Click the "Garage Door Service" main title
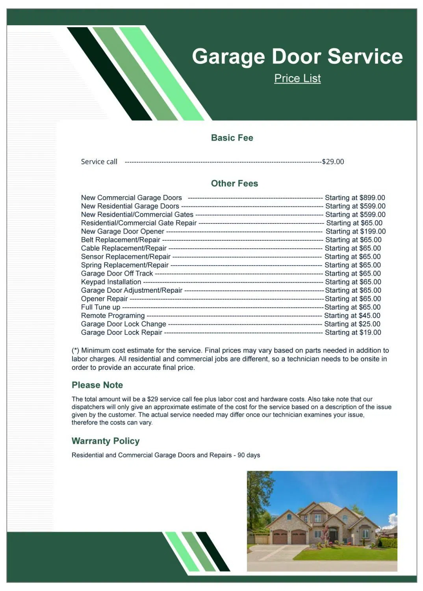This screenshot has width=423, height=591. click(297, 56)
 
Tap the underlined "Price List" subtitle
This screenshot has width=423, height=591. click(297, 78)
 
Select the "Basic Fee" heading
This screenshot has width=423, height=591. click(232, 138)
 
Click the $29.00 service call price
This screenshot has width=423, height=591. click(333, 162)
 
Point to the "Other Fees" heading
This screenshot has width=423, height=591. click(234, 184)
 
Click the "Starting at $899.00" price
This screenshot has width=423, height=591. click(355, 198)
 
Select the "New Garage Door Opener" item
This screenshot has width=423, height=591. click(122, 232)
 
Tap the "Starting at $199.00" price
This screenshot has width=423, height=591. click(355, 232)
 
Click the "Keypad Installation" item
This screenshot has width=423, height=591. click(111, 282)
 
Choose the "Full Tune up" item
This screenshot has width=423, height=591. click(100, 307)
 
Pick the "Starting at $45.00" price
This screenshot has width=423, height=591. click(352, 316)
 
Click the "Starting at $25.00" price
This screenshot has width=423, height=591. click(352, 324)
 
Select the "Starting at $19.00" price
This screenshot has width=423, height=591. click(353, 333)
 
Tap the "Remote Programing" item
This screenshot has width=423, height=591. click(113, 316)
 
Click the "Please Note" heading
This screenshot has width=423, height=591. click(97, 385)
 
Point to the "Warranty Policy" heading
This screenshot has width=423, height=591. click(106, 441)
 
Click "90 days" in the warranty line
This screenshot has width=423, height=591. click(249, 455)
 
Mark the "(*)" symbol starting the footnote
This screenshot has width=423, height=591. click(75, 351)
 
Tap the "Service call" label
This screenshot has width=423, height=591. click(99, 162)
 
